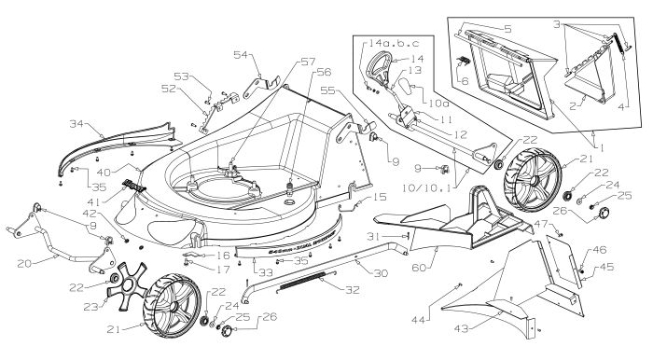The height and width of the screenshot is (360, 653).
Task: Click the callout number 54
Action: point(240,56)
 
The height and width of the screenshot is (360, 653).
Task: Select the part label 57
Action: point(256,62)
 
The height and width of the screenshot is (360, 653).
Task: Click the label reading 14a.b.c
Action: point(384,44)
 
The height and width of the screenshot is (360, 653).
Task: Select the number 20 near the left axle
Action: point(25,264)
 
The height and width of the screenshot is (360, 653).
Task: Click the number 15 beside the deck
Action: point(379,197)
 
